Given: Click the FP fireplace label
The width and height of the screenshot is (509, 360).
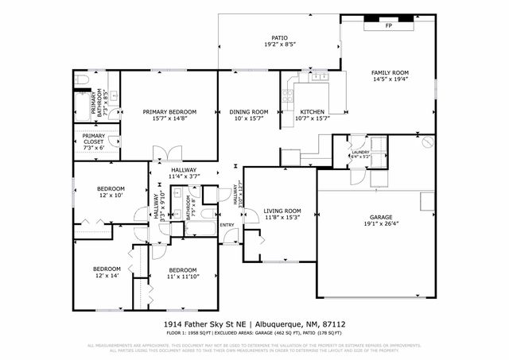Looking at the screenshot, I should [389, 25].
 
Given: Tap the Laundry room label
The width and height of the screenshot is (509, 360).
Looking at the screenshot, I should [360, 150].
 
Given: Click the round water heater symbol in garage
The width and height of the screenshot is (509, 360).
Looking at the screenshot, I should [427, 144].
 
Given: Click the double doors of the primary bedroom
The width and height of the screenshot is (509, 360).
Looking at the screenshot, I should [165, 153].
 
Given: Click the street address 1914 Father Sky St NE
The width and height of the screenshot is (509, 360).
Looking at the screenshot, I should [205, 325].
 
